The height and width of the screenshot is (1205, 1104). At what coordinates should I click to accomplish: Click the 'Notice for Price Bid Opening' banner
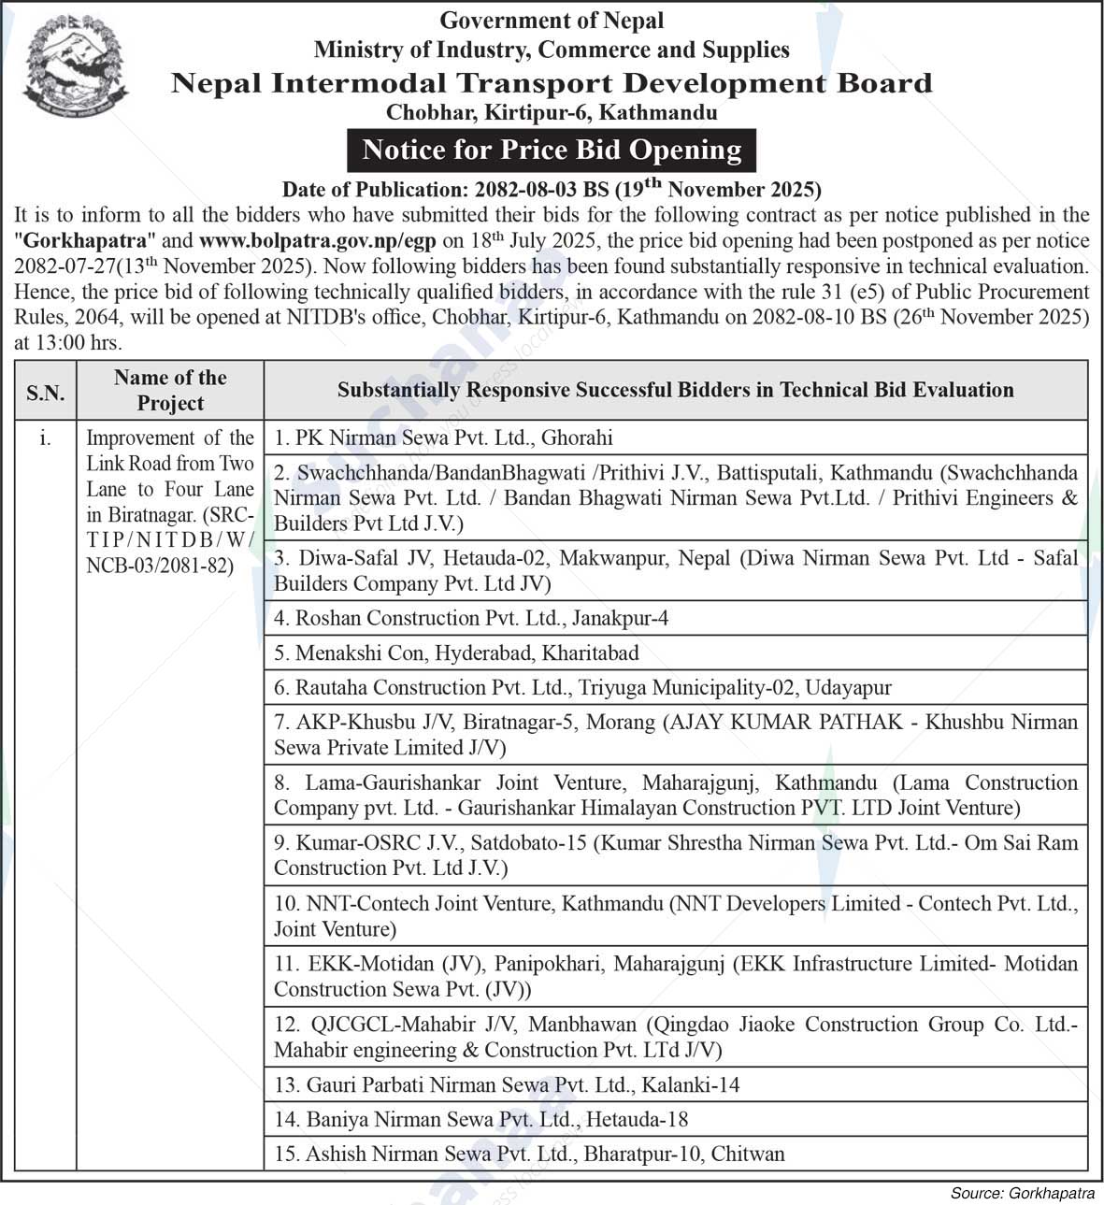click(552, 150)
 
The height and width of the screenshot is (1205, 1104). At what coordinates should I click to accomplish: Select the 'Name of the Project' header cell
click(170, 390)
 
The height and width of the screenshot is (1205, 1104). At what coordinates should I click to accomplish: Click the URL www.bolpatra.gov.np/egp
click(317, 240)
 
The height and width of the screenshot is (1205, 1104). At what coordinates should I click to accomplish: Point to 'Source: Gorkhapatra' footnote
click(1022, 1193)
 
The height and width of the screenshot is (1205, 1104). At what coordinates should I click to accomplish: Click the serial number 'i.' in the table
click(45, 438)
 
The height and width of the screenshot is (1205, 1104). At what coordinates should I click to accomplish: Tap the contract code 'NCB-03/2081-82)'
click(160, 566)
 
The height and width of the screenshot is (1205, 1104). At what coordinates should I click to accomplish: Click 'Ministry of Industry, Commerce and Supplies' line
click(552, 50)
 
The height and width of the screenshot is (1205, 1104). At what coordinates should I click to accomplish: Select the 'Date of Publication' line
click(552, 189)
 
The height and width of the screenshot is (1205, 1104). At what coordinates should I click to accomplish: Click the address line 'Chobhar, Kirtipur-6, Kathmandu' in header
click(552, 113)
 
